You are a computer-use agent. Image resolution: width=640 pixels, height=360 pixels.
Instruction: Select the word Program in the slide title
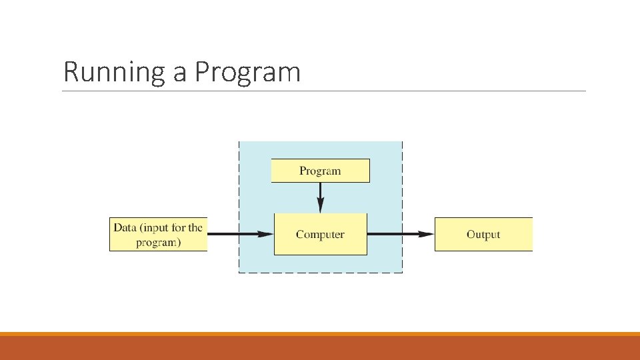[247, 72]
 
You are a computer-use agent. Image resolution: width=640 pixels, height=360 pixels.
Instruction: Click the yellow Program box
[320, 171]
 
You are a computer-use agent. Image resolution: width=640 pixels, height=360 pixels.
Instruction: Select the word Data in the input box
[125, 227]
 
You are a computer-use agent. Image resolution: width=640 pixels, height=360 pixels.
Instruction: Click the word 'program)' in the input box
[158, 242]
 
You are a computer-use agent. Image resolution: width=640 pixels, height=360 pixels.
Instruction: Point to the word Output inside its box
[483, 235]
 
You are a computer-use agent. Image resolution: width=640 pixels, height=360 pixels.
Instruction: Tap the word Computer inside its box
[320, 235]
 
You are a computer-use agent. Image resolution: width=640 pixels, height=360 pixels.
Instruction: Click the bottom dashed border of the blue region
[320, 273]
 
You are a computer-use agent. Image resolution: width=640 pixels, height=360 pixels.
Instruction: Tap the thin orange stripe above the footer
[320, 333]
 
